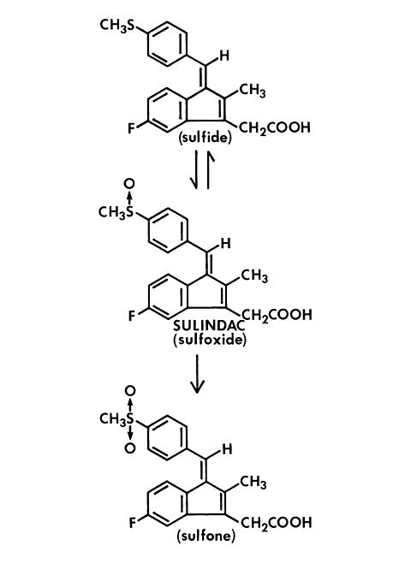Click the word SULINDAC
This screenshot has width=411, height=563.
209,326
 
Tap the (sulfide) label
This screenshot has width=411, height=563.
205,138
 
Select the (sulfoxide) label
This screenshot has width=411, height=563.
210,340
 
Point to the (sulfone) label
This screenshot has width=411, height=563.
206,536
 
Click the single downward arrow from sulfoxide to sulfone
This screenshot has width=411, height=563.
197,374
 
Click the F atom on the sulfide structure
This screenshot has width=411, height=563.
132,128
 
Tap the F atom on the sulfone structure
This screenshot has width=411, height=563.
133,523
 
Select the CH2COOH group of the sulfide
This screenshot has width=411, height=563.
274,128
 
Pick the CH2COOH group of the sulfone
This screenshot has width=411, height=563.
276,523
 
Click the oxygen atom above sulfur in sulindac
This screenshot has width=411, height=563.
129,183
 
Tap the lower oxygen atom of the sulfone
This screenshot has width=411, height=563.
130,448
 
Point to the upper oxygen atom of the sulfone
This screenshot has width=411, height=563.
130,391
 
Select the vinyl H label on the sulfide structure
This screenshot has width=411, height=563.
224,56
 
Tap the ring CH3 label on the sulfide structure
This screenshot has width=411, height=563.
253,91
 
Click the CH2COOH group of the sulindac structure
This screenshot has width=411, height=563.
277,315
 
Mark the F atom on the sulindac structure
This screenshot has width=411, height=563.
133,316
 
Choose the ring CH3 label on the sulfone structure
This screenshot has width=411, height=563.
253,483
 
